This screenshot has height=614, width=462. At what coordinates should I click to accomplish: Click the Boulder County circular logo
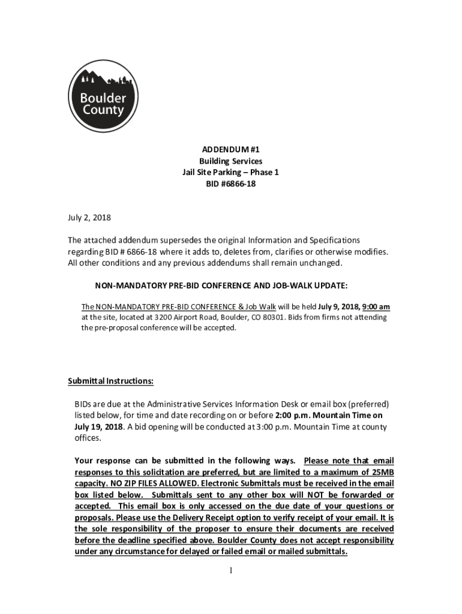tap(102, 97)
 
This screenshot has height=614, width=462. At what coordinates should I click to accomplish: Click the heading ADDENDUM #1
tap(230, 149)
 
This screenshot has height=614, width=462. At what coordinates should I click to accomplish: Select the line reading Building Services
tap(230, 161)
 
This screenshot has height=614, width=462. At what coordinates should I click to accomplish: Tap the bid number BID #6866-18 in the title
tap(230, 184)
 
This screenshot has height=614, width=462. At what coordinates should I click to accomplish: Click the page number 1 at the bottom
tap(230, 570)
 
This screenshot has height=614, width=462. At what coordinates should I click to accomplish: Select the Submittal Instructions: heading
tap(110, 381)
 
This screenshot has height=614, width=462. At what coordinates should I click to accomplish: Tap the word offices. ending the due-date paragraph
tap(88, 438)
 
